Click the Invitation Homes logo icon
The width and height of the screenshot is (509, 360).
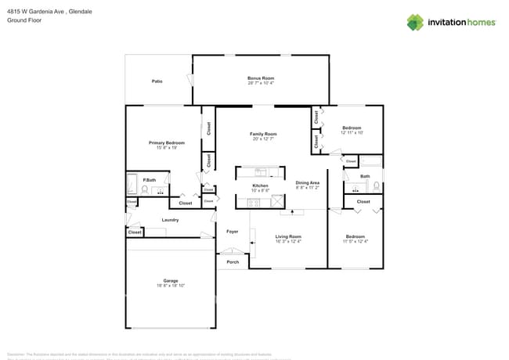[415, 22]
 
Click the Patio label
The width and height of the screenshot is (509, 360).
[157, 81]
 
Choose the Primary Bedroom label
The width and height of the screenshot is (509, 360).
[167, 142]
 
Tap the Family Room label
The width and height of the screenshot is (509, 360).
[263, 134]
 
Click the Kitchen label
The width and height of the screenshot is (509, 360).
[260, 185]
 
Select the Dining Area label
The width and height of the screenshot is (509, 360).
[307, 182]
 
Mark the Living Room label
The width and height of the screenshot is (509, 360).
[287, 236]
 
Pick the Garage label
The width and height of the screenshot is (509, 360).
[170, 280]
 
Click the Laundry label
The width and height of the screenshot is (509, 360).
[170, 220]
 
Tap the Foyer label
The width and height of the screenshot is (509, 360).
[232, 232]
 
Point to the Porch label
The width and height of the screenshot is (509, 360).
[233, 261]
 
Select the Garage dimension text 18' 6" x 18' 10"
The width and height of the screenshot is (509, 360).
[170, 286]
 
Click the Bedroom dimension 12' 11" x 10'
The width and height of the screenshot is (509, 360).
[352, 132]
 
